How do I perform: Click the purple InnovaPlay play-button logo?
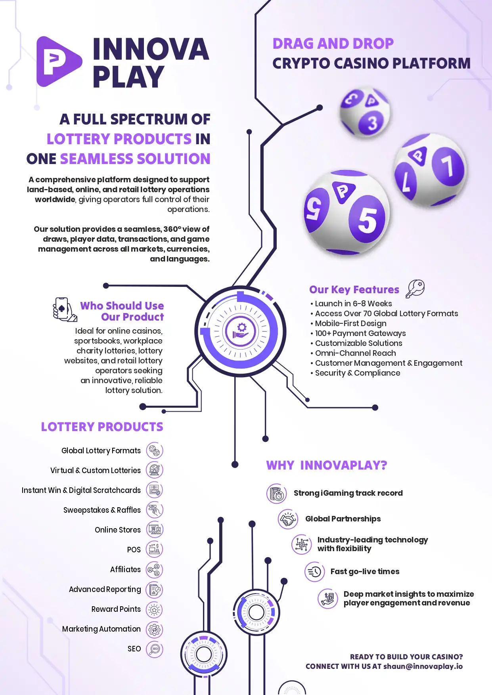point(59,61)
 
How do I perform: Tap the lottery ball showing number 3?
point(365,113)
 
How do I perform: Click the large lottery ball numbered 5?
point(347,212)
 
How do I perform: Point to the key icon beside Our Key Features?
point(415,288)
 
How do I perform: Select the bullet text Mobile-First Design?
point(350,323)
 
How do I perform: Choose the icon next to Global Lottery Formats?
point(155,451)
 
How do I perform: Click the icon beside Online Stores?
point(155,530)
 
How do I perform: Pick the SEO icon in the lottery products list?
point(155,649)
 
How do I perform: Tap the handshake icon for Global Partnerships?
point(288,519)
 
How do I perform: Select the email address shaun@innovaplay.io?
point(423,666)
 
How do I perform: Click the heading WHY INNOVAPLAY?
point(327,465)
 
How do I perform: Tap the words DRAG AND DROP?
point(333,44)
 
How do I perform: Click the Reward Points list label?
point(116,609)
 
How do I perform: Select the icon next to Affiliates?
point(155,570)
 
